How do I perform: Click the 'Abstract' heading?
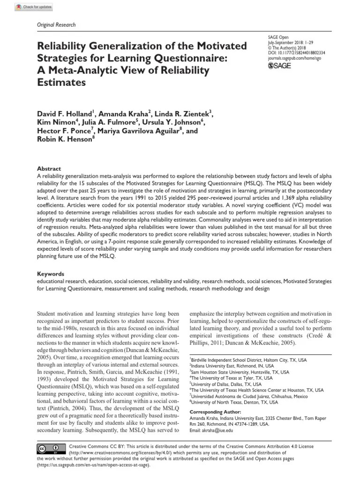click(x=49, y=169)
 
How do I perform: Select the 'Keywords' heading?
click(x=51, y=274)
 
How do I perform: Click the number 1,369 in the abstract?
click(x=280, y=198)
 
